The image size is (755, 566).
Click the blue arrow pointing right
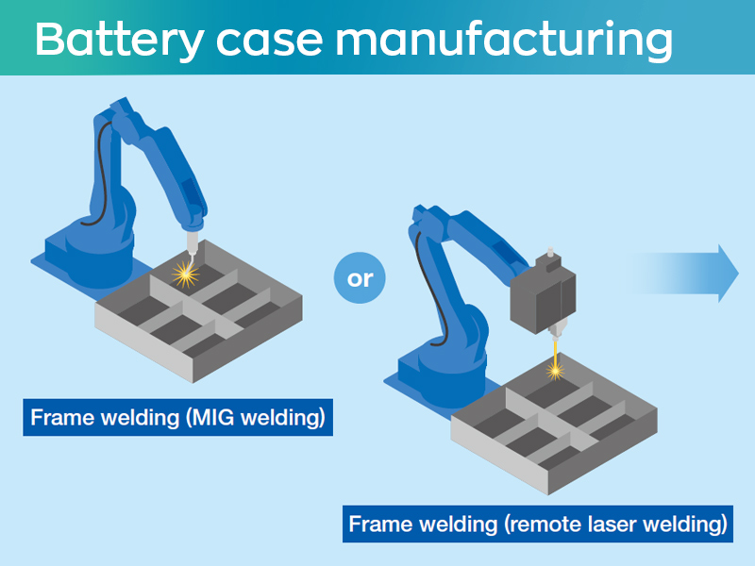(x=694, y=274)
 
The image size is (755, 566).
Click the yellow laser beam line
(x=554, y=349)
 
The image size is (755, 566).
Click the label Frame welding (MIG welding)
(x=178, y=418)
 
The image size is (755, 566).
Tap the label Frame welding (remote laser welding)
(x=537, y=524)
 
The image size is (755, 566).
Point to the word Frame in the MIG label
(x=59, y=418)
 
